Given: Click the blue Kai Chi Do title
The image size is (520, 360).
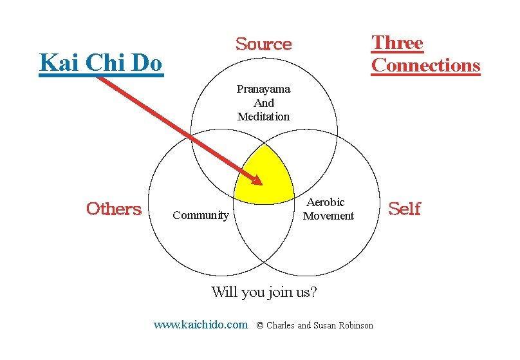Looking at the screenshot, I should [x=101, y=63].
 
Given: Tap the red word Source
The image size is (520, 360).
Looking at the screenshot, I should [x=263, y=44].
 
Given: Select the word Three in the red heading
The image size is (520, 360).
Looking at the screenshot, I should [x=397, y=43].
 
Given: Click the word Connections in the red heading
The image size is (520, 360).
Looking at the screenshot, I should [x=425, y=65].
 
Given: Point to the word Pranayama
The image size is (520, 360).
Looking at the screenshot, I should [x=263, y=89].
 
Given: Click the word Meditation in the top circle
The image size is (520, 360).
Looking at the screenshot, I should [x=263, y=117].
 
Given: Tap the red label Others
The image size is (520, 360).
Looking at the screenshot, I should [x=114, y=209].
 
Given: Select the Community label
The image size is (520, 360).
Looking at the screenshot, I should [x=201, y=215].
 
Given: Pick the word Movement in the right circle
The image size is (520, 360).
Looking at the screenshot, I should [x=328, y=216].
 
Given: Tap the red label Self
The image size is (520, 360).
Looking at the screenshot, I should [x=405, y=209].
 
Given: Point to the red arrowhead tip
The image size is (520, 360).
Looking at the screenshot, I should [x=261, y=184].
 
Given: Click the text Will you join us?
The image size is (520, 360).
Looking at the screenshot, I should [x=264, y=292].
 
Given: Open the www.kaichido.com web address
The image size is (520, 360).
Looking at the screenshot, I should [x=200, y=325].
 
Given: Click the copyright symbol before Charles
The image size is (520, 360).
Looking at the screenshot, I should [x=260, y=325].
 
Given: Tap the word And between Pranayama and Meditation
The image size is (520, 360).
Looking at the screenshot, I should [x=263, y=103].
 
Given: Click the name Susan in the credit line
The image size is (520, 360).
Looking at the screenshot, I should [x=324, y=325].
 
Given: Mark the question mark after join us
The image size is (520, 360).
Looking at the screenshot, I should [x=313, y=292].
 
